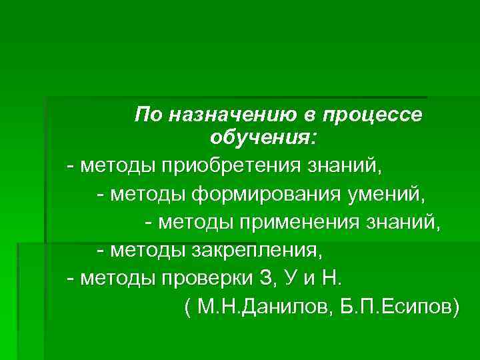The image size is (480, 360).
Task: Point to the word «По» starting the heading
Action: (148, 115)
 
